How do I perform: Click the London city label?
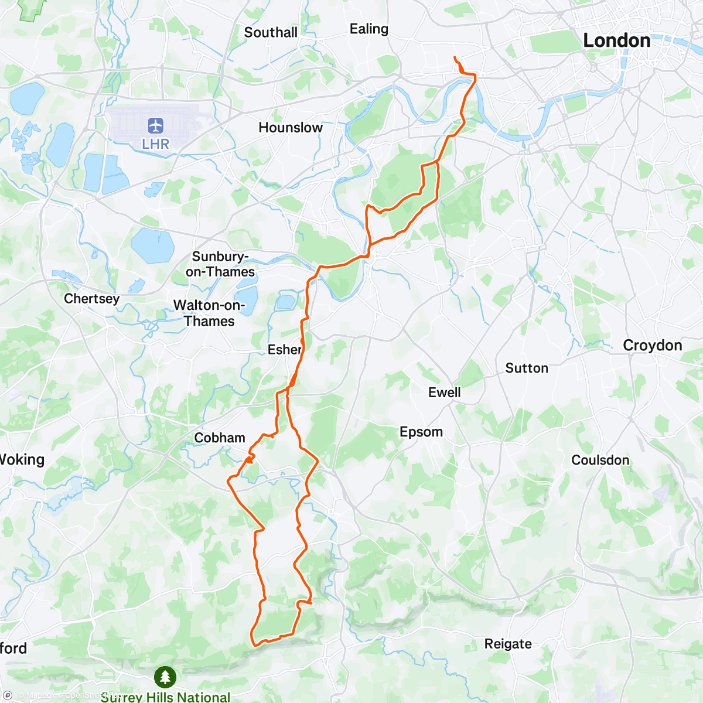click(617, 40)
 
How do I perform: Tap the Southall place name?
click(271, 32)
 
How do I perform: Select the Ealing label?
click(368, 29)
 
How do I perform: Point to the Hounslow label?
click(291, 127)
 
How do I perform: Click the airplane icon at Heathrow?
click(155, 125)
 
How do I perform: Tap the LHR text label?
click(155, 144)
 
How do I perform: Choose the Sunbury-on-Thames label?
click(220, 264)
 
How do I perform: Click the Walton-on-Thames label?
click(209, 313)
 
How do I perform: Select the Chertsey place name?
click(91, 298)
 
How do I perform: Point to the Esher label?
click(285, 350)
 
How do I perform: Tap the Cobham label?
click(220, 438)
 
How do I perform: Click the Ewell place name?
click(444, 393)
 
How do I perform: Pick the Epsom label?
click(421, 432)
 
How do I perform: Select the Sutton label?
click(527, 368)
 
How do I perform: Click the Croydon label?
click(652, 345)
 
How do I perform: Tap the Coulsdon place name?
click(600, 460)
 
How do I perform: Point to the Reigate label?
click(508, 644)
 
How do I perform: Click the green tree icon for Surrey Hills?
click(165, 677)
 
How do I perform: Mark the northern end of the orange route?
click(455, 57)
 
